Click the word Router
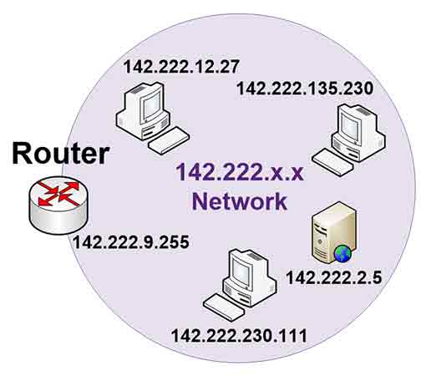[60, 153]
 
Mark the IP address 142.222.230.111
[240, 336]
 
